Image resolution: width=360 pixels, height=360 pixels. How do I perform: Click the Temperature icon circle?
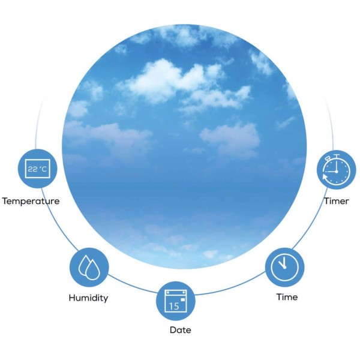pos(37,169)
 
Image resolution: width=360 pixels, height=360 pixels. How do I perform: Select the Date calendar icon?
pos(176,301)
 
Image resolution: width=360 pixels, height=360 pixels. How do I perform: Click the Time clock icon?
pos(284,267)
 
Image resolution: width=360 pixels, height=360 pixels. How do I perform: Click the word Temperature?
pos(31,201)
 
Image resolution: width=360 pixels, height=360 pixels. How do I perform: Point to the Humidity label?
pos(88,298)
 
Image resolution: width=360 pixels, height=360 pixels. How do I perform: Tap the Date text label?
pos(180,329)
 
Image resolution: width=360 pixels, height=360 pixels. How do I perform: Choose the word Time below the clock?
pos(287,296)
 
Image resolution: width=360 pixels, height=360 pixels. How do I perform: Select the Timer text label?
pos(336,201)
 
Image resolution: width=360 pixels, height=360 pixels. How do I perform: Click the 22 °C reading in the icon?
pos(37,169)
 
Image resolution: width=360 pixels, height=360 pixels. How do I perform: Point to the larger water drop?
pos(93,271)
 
